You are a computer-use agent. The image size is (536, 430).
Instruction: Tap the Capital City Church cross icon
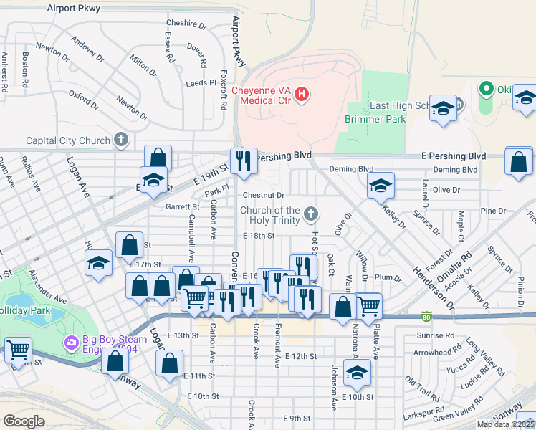pos(121,140)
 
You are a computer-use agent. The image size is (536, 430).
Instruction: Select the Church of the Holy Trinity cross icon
pos(310,214)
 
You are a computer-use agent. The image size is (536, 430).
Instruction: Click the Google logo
pos(24,421)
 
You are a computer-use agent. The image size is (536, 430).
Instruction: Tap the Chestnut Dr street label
pos(264,195)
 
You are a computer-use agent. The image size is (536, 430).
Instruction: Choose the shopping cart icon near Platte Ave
pos(369,306)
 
